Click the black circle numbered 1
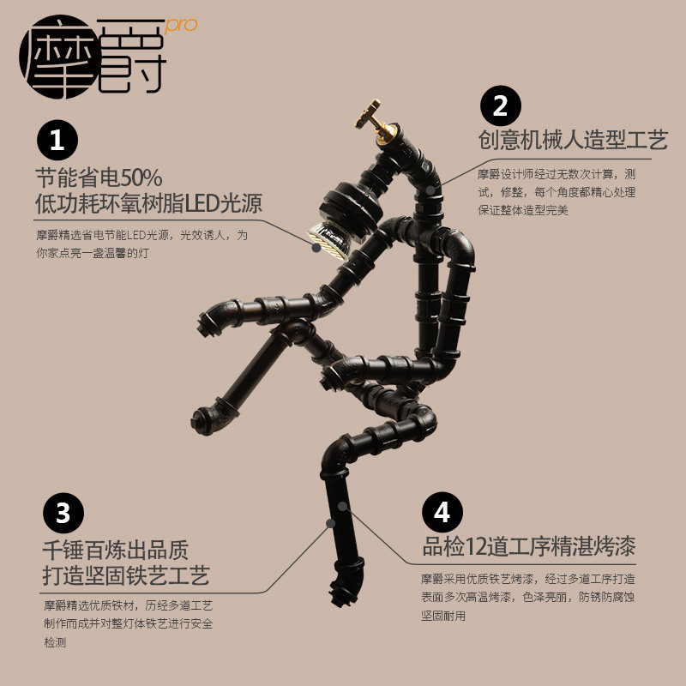pos(57,140)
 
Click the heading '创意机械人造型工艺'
pos(573,141)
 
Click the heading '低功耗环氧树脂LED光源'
pos(148,205)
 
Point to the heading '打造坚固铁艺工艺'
pos(125,575)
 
